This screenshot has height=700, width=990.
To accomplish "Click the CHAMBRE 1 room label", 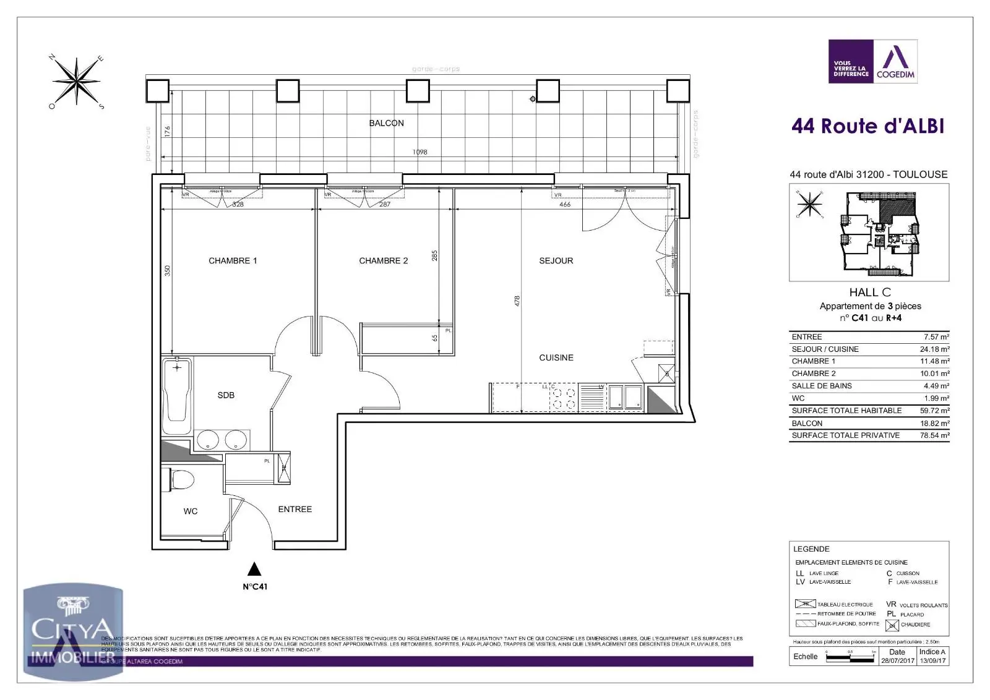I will [233, 261].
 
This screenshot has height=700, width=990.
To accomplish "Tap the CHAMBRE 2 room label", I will [383, 261].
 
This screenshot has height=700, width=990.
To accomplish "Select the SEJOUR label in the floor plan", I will [556, 261].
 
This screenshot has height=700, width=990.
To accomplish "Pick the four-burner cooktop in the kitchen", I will [564, 398].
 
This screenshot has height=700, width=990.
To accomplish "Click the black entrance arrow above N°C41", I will [254, 569].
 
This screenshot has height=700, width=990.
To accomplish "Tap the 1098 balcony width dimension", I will [420, 152].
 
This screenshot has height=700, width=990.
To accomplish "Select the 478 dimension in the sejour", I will [517, 301].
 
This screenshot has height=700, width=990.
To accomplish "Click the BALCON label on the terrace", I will [386, 123].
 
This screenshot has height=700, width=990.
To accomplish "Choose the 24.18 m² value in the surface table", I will [934, 349].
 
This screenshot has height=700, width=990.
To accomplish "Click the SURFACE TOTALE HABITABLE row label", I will [846, 411].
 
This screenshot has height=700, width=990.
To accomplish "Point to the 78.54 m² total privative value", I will [934, 435].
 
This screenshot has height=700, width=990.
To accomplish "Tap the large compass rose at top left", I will [76, 82].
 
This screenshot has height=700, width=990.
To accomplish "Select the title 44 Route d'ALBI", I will [867, 126].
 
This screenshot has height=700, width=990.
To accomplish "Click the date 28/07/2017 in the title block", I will [897, 660].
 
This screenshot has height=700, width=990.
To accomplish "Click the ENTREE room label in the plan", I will [295, 510].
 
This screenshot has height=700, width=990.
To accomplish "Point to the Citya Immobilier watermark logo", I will [73, 634].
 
